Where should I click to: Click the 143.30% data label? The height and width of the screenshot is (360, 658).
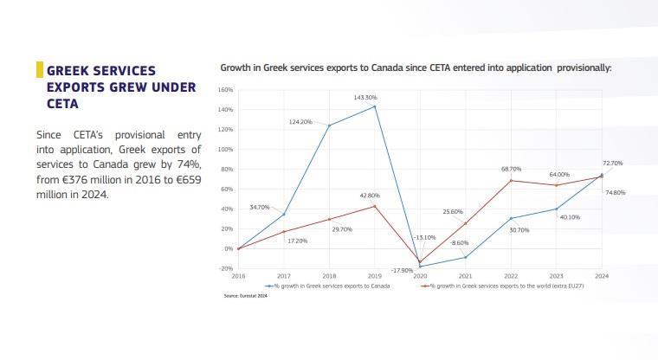tap(365, 98)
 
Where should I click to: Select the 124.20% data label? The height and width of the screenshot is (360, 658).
tap(300, 122)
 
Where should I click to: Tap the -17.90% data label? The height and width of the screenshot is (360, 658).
tap(378, 271)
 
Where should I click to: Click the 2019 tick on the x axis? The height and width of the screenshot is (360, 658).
tap(374, 275)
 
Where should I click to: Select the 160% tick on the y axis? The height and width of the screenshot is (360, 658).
tap(226, 90)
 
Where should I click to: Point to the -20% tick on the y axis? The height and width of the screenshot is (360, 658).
tap(226, 268)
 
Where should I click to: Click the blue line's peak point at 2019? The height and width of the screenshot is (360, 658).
tap(374, 106)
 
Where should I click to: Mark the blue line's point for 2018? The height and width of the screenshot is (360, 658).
tap(329, 125)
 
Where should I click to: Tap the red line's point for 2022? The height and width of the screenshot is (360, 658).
tap(510, 180)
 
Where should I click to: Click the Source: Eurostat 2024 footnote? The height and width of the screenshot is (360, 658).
tap(246, 295)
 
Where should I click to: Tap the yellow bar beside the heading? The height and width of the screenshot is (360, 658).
tap(39, 70)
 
